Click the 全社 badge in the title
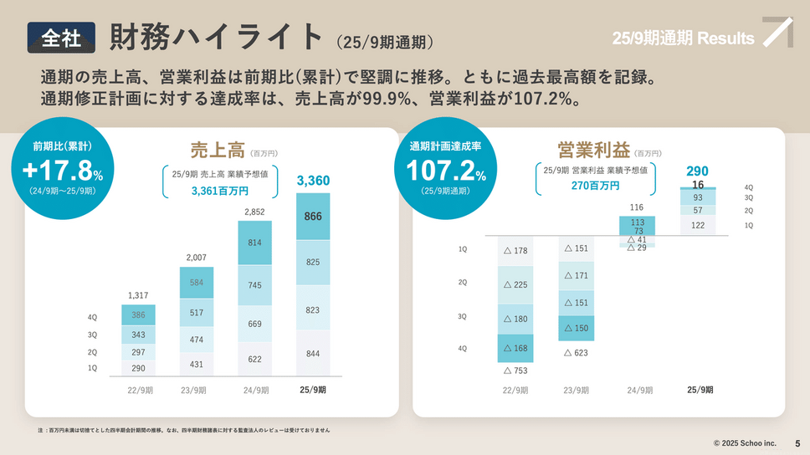(x=60, y=38)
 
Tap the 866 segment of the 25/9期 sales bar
(x=313, y=216)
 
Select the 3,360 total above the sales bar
(x=313, y=181)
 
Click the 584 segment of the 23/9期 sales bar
(x=197, y=283)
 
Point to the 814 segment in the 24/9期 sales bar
(x=254, y=243)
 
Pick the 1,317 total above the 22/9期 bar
(x=138, y=295)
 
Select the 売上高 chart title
(x=217, y=151)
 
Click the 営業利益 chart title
(x=593, y=151)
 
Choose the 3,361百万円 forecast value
(x=220, y=191)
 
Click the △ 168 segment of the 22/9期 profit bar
(x=515, y=349)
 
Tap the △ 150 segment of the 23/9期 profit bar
(x=576, y=329)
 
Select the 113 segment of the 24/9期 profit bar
(x=638, y=222)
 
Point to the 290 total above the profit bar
(x=697, y=171)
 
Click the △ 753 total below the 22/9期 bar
(x=515, y=371)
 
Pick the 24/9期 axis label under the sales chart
(x=254, y=390)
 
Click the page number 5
(x=797, y=442)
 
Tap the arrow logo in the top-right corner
(x=777, y=33)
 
